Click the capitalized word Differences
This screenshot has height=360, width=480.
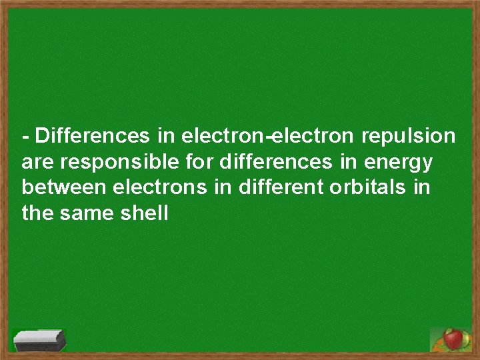pyautogui.click(x=93, y=137)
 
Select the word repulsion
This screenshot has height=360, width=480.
pyautogui.click(x=408, y=137)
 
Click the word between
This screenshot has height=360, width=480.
pyautogui.click(x=63, y=187)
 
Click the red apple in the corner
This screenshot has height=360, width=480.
pyautogui.click(x=454, y=339)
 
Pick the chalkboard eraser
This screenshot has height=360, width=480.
pyautogui.click(x=41, y=341)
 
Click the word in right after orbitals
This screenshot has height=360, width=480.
pyautogui.click(x=421, y=187)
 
